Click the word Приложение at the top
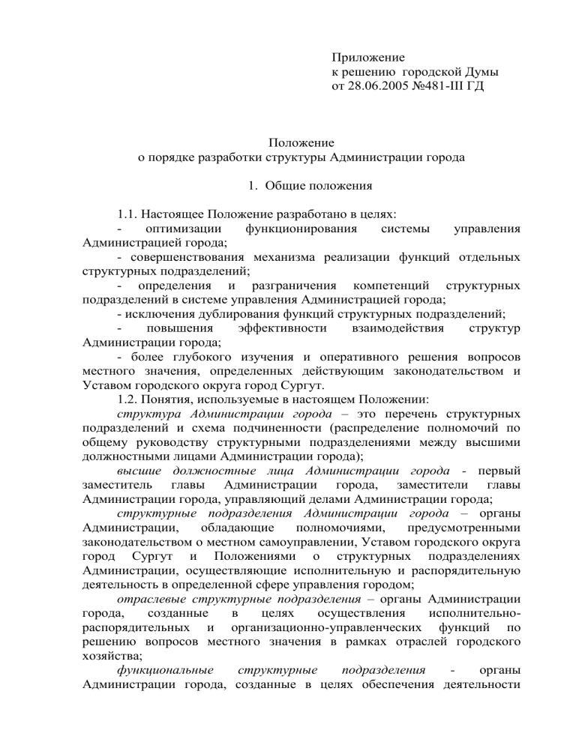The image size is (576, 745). point(368,58)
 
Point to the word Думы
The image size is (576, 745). point(481,73)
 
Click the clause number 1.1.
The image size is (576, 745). point(130,214)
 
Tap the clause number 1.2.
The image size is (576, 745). point(130,396)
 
